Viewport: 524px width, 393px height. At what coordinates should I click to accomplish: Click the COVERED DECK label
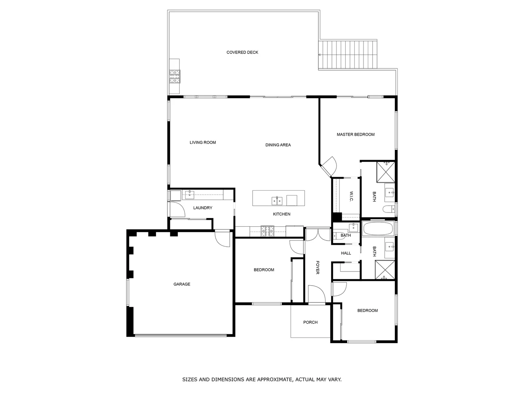pyautogui.click(x=242, y=52)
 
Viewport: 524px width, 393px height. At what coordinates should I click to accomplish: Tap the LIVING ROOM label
pyautogui.click(x=203, y=143)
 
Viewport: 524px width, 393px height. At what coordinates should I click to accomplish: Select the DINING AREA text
pyautogui.click(x=278, y=145)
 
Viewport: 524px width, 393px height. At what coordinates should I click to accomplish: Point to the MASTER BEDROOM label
pyautogui.click(x=356, y=135)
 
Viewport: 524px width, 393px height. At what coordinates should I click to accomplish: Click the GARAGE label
pyautogui.click(x=182, y=284)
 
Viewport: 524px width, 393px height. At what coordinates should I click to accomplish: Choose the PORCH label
pyautogui.click(x=310, y=322)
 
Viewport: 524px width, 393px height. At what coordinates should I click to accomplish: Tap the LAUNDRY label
pyautogui.click(x=203, y=208)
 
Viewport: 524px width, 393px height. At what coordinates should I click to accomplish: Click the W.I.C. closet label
pyautogui.click(x=352, y=197)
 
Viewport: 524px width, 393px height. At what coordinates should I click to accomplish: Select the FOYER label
pyautogui.click(x=317, y=267)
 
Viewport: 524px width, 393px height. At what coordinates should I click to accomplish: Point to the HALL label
pyautogui.click(x=346, y=253)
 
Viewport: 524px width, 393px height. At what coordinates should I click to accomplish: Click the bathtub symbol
pyautogui.click(x=378, y=229)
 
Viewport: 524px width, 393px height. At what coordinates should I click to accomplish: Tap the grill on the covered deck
pyautogui.click(x=174, y=76)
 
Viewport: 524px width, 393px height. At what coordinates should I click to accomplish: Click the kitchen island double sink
pyautogui.click(x=277, y=201)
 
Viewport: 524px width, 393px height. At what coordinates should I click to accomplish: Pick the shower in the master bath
pyautogui.click(x=386, y=172)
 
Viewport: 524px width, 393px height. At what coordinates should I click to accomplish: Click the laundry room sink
pyautogui.click(x=190, y=195)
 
